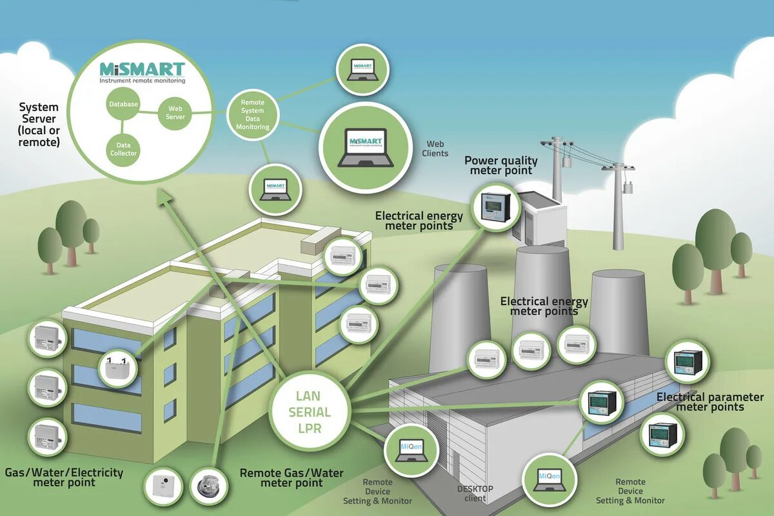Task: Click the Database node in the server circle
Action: click(x=123, y=104)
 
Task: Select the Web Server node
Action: click(x=175, y=113)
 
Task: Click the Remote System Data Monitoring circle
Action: click(x=252, y=115)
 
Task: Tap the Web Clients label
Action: click(x=435, y=149)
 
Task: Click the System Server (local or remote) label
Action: click(x=39, y=124)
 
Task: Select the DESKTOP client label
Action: click(x=475, y=493)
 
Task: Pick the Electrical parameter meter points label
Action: click(x=709, y=402)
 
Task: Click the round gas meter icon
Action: click(x=210, y=487)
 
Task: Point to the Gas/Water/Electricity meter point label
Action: click(x=64, y=477)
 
